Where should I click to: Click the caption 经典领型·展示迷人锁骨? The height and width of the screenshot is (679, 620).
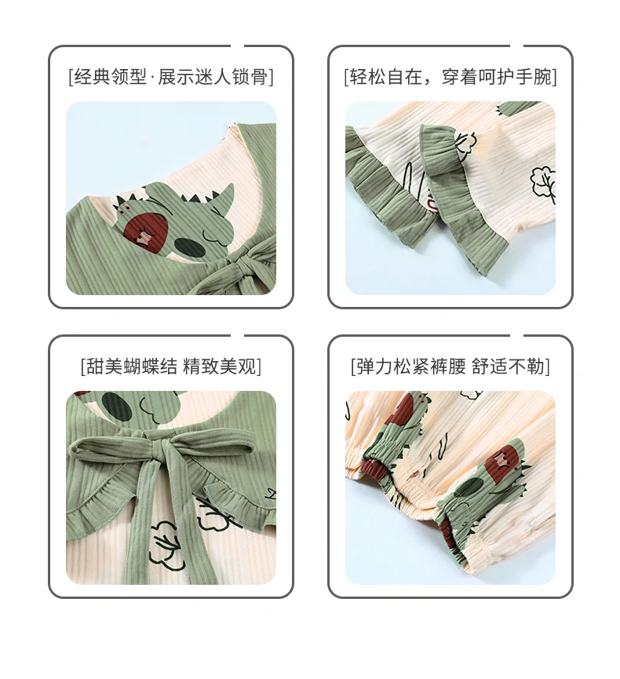(x=171, y=77)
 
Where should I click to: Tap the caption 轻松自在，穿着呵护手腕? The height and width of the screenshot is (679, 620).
(x=450, y=77)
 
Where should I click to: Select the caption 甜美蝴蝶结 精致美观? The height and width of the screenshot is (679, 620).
(x=171, y=367)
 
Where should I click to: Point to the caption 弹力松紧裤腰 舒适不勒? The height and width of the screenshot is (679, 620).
(x=450, y=367)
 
